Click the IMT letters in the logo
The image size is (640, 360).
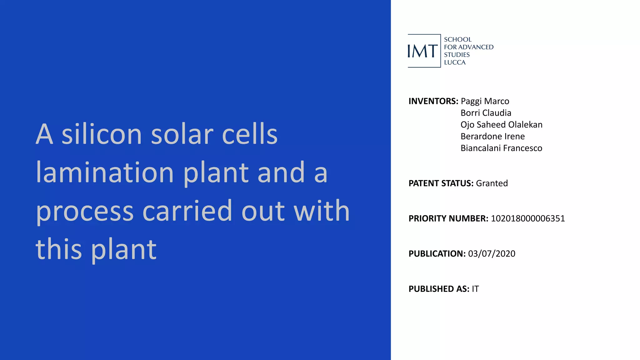click(422, 51)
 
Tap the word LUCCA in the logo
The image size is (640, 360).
click(455, 62)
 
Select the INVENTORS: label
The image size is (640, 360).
click(433, 101)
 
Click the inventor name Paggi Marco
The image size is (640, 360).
click(485, 101)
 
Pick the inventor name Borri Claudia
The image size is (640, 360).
click(486, 113)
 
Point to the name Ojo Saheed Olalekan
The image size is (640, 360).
click(501, 125)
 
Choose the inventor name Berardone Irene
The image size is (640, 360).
click(492, 136)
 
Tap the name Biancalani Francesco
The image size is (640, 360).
click(501, 148)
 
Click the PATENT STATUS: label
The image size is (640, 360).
click(441, 183)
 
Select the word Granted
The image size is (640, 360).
click(492, 183)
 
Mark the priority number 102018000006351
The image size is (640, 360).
click(528, 218)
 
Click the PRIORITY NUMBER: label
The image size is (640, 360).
click(448, 218)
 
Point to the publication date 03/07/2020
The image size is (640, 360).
click(492, 253)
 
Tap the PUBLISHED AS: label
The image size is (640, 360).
click(439, 289)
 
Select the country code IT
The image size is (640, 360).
click(475, 289)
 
